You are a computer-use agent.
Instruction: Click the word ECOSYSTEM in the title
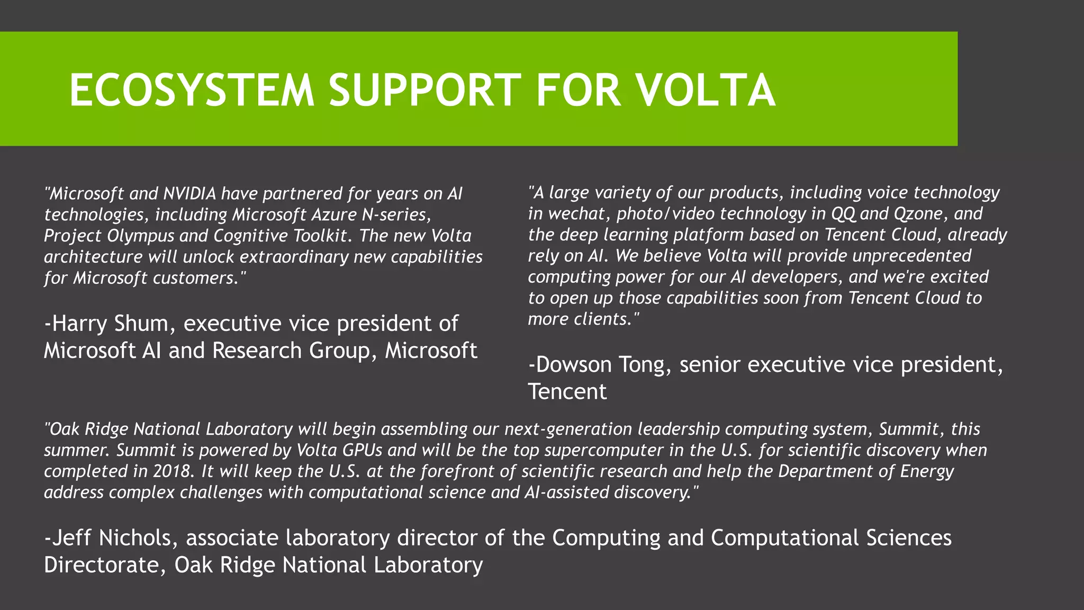pos(192,90)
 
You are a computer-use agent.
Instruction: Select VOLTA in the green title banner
pos(706,90)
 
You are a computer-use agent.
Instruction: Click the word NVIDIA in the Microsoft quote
pos(190,194)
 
